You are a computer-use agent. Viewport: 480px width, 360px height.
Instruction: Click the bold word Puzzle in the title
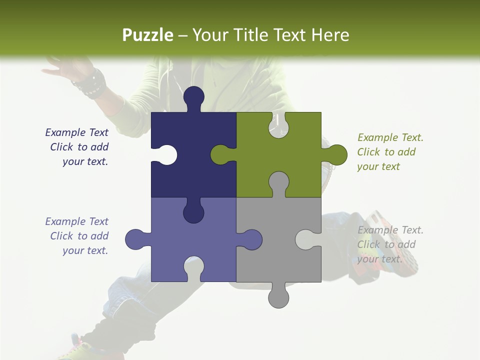(x=147, y=35)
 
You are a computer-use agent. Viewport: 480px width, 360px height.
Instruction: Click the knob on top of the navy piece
(x=193, y=97)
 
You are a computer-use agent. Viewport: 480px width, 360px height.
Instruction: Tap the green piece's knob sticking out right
(x=336, y=154)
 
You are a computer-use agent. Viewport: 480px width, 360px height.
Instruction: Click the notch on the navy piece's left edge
(x=165, y=154)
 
